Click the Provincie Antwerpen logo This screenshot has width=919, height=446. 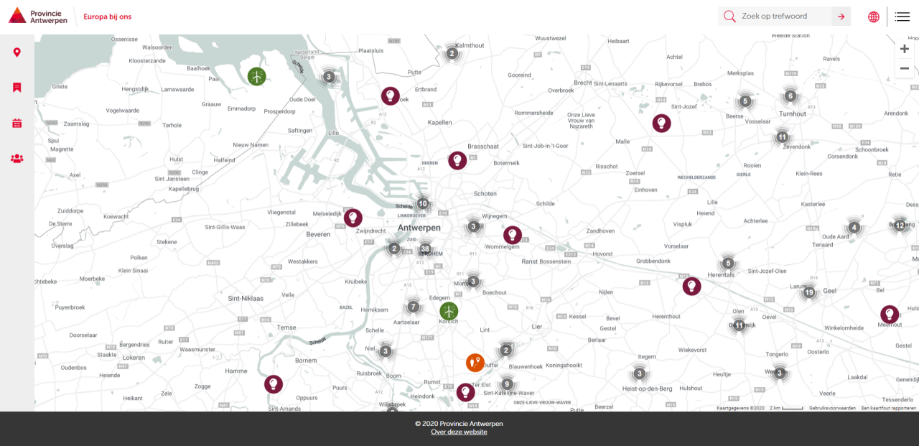(38, 16)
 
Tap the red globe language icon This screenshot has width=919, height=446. (874, 17)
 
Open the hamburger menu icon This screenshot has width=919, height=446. (902, 17)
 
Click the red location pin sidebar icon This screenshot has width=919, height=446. (17, 52)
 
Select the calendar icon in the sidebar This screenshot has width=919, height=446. (17, 123)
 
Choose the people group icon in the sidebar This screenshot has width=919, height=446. (17, 158)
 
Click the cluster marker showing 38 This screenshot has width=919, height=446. (425, 248)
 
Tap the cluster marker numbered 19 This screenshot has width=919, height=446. (809, 292)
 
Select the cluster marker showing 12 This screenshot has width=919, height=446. (900, 226)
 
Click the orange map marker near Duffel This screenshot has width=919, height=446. (475, 363)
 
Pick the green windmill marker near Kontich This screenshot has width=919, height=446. (449, 311)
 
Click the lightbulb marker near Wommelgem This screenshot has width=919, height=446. (513, 235)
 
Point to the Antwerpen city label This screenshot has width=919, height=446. (419, 228)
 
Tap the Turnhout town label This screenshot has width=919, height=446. (793, 113)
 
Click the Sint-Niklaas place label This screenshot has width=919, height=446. (246, 298)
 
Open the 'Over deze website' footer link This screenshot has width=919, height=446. (459, 432)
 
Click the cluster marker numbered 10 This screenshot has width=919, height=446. (423, 204)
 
